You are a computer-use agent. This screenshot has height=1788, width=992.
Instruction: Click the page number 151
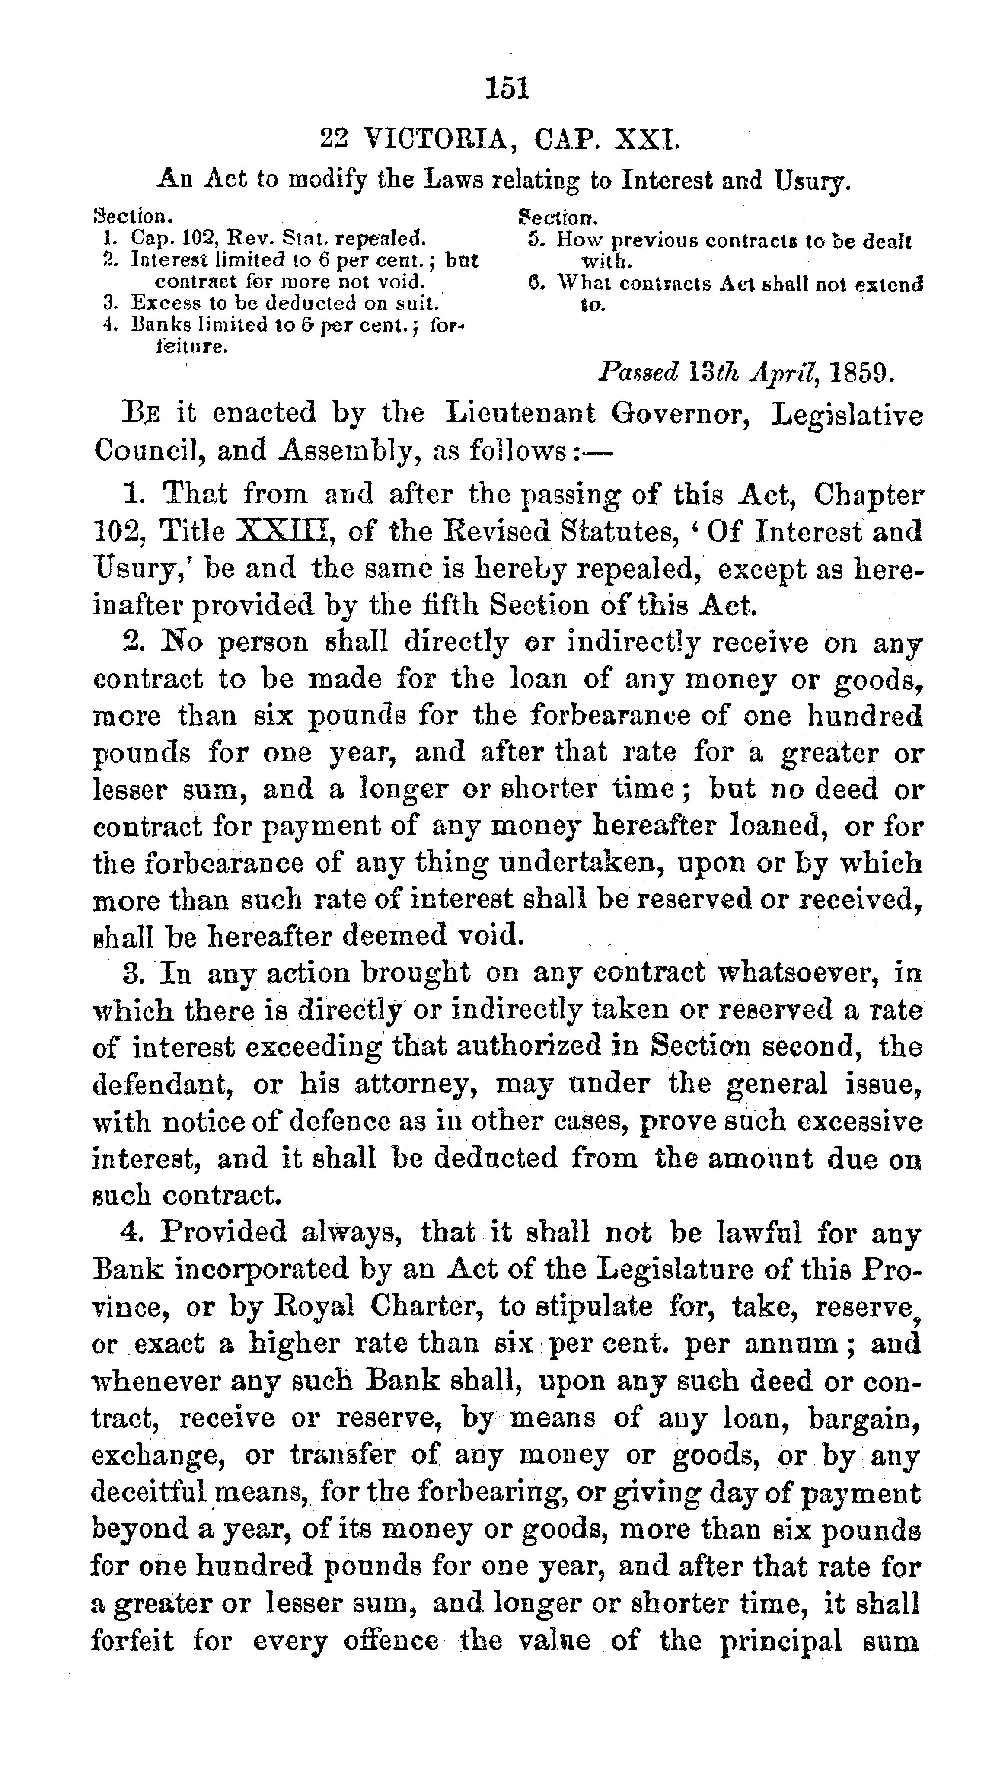click(x=507, y=89)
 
